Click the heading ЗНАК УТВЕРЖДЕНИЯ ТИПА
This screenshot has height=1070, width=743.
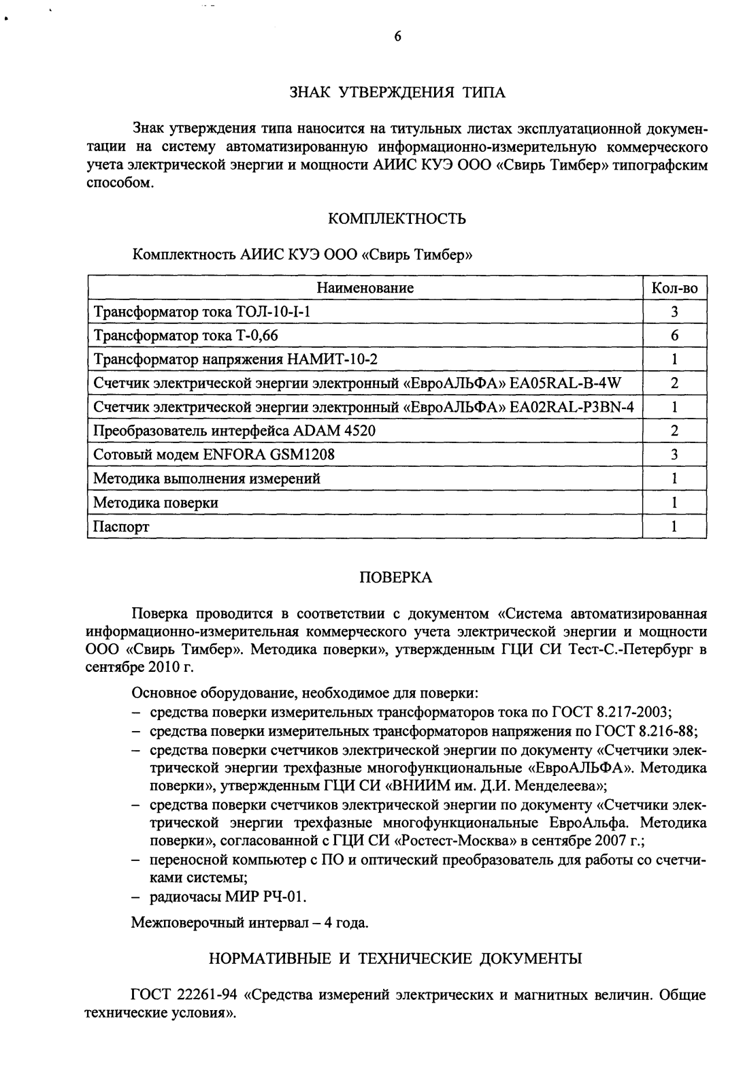pos(398,93)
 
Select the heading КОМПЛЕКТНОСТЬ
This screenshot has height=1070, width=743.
pos(397,218)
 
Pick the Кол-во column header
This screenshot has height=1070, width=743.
pos(674,288)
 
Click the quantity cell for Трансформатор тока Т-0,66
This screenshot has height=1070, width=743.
pos(674,336)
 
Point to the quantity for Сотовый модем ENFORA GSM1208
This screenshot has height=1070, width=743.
pos(674,455)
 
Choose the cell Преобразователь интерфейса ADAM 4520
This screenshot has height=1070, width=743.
pos(234,431)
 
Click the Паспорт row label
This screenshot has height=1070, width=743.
pos(121,527)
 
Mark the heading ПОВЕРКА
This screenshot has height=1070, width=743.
pos(395,578)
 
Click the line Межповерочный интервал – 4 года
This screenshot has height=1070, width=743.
pos(250,924)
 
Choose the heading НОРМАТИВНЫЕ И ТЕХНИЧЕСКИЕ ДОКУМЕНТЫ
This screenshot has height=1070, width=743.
pos(395,959)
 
